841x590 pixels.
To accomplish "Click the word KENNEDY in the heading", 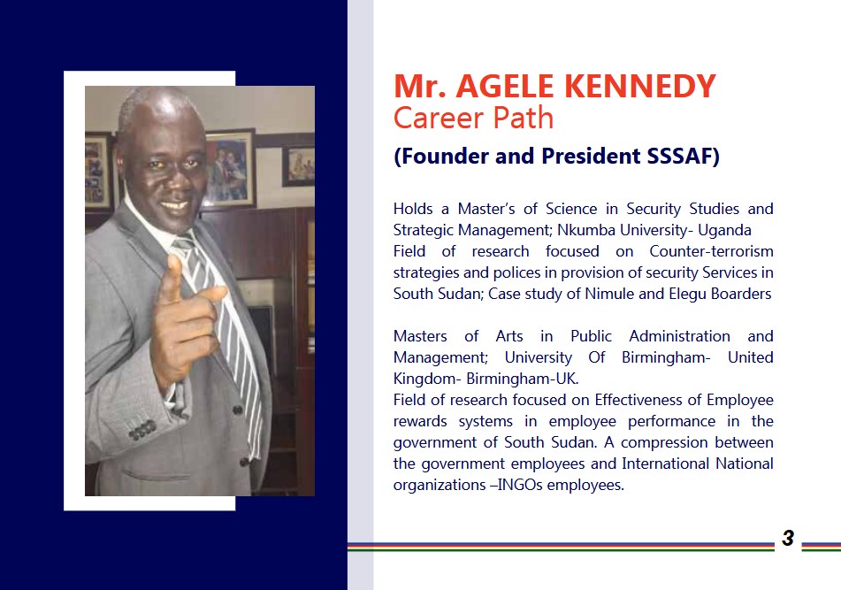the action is coord(640,86).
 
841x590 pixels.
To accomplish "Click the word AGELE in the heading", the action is coord(505,86).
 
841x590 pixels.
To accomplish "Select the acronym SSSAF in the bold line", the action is coord(679,156).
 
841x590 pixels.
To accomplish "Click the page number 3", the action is coord(787,538).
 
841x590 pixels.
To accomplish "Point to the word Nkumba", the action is coord(586,230).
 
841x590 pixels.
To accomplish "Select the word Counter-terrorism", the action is coord(711,251).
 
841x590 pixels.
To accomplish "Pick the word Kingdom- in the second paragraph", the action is coord(427,379).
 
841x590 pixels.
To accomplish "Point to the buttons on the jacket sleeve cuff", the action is coord(142,430).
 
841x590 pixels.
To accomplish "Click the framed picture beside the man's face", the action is coord(230,167).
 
